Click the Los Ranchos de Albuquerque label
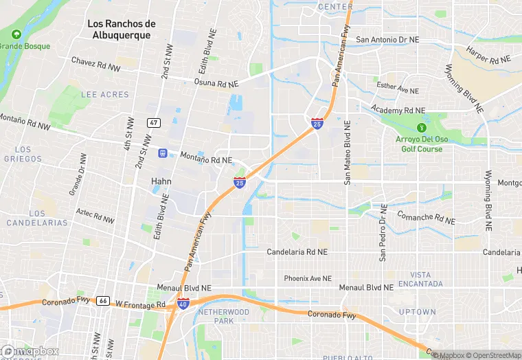122,30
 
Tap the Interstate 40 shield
183,304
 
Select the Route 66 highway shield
103,301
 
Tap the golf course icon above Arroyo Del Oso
421,127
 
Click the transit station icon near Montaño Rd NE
163,153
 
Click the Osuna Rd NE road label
215,83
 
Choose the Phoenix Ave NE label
308,279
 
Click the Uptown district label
417,312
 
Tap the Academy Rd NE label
398,110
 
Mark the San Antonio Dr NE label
387,40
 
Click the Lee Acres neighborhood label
104,94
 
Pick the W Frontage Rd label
140,304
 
